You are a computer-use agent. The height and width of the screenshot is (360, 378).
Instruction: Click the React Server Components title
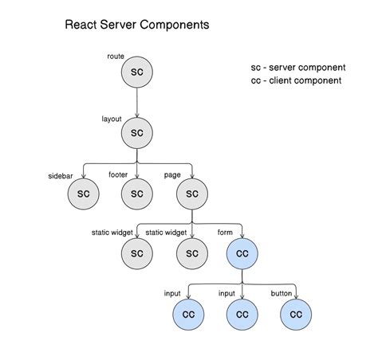[x=136, y=25]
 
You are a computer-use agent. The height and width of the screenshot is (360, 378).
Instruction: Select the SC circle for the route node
[x=136, y=72]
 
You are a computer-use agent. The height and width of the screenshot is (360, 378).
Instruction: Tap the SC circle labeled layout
[x=136, y=133]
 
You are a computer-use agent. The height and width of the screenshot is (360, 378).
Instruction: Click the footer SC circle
[x=136, y=193]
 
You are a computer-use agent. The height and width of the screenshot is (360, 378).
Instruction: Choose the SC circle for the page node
[x=191, y=193]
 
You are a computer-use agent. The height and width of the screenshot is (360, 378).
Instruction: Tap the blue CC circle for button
[x=296, y=314]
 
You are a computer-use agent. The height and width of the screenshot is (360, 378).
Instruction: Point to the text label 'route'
[x=116, y=57]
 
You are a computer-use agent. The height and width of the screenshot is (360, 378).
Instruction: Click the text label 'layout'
[x=112, y=118]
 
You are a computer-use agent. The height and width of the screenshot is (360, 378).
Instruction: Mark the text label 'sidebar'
[x=62, y=176]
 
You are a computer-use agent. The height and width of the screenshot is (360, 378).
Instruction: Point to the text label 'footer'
[x=118, y=174]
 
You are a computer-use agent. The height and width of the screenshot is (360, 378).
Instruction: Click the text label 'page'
[x=171, y=174]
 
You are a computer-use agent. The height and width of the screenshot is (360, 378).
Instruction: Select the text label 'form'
[x=226, y=233]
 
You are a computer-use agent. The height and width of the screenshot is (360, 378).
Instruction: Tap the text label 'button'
[x=282, y=293]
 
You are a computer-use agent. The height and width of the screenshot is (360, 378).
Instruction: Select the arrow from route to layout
[x=136, y=102]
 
